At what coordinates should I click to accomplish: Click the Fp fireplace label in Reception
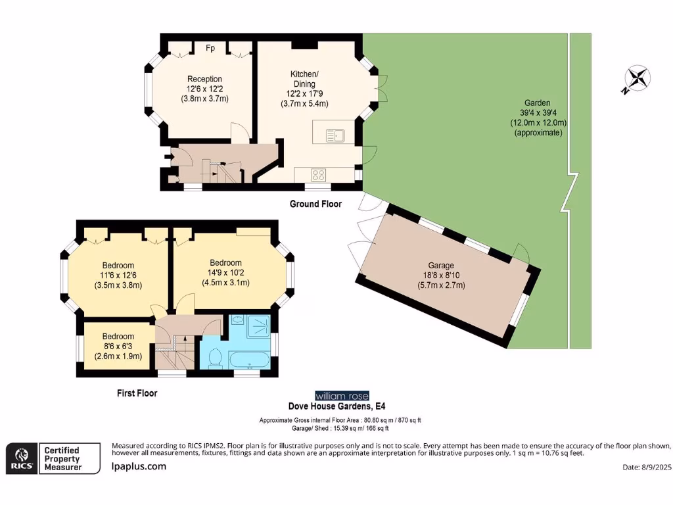pyautogui.click(x=210, y=47)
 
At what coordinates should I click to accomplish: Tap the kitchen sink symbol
pyautogui.click(x=335, y=135)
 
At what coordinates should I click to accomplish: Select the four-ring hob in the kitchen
pyautogui.click(x=319, y=175)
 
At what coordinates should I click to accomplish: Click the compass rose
pyautogui.click(x=638, y=79)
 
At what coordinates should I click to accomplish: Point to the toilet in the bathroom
pyautogui.click(x=215, y=358)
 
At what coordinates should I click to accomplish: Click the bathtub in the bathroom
pyautogui.click(x=249, y=360)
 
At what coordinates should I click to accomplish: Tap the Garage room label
pyautogui.click(x=441, y=266)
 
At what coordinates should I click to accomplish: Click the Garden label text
pyautogui.click(x=538, y=103)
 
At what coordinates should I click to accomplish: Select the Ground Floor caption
pyautogui.click(x=315, y=204)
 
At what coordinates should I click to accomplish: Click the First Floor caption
pyautogui.click(x=137, y=393)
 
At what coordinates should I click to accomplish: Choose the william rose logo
pyautogui.click(x=342, y=395)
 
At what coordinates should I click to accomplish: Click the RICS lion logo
pyautogui.click(x=22, y=458)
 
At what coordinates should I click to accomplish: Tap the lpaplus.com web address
pyautogui.click(x=139, y=466)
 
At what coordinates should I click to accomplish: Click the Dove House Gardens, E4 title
pyautogui.click(x=337, y=406)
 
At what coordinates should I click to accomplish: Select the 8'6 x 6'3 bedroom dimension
pyautogui.click(x=118, y=346)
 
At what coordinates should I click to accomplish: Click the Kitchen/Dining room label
pyautogui.click(x=304, y=79)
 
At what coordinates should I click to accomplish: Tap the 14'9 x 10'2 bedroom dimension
pyautogui.click(x=226, y=273)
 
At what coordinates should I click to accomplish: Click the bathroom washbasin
pyautogui.click(x=238, y=320)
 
